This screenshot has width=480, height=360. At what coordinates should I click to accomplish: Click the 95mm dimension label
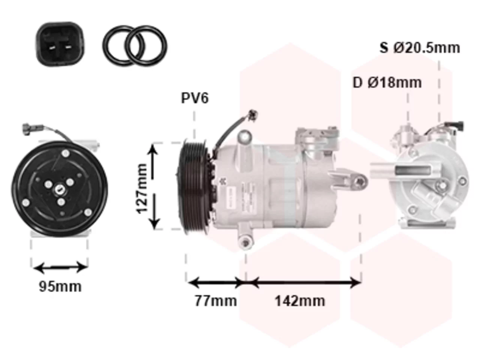coord(60,286)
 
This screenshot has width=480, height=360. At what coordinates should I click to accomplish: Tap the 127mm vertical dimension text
coord(141,188)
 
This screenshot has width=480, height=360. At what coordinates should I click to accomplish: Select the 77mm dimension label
coord(216,301)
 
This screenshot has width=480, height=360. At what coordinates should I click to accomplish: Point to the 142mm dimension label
coord(300,301)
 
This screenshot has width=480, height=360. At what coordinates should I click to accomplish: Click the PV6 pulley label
coord(195,98)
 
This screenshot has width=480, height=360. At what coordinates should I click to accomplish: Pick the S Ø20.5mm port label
coord(420,48)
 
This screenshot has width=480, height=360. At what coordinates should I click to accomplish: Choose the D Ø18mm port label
coord(387,82)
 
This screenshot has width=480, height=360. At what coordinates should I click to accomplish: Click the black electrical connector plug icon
coord(60,44)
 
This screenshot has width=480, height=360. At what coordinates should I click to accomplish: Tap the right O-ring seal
coord(147,46)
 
